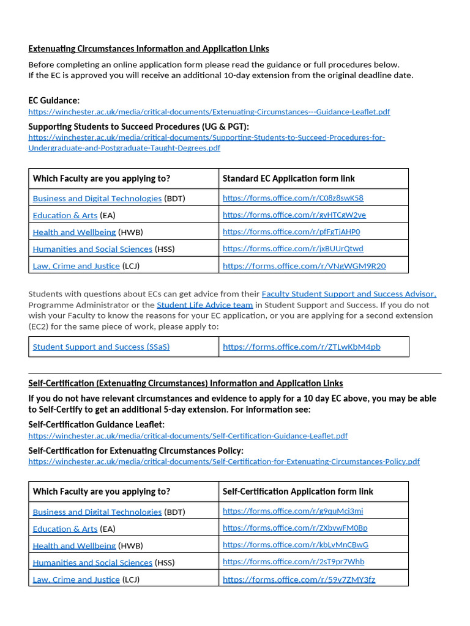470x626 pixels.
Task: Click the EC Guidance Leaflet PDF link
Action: pyautogui.click(x=209, y=112)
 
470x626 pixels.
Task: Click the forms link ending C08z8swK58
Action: pyautogui.click(x=293, y=198)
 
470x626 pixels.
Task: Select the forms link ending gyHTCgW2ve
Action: pyautogui.click(x=294, y=215)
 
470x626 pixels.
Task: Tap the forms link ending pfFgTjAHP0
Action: pyautogui.click(x=291, y=232)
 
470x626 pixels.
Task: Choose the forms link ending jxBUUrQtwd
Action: pyautogui.click(x=293, y=249)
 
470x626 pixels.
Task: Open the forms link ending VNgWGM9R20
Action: pyautogui.click(x=304, y=266)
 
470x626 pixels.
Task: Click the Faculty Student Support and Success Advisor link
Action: pyautogui.click(x=349, y=294)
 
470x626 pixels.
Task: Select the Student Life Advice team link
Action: pyautogui.click(x=204, y=305)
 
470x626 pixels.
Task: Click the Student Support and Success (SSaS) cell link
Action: pyautogui.click(x=101, y=347)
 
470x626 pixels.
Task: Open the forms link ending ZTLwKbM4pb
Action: pyautogui.click(x=301, y=347)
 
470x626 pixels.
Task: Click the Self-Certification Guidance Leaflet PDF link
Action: pyautogui.click(x=188, y=436)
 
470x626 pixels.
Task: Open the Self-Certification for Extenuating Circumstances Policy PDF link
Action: pyautogui.click(x=224, y=462)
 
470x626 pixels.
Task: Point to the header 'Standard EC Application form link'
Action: pyautogui.click(x=288, y=179)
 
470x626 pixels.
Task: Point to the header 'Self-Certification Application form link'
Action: pyautogui.click(x=297, y=492)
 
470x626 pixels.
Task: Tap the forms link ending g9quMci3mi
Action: pyautogui.click(x=293, y=511)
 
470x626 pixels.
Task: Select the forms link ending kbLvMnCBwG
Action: pyautogui.click(x=296, y=545)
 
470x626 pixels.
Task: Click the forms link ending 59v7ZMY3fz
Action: pyautogui.click(x=299, y=580)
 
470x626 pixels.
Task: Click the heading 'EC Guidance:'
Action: pyautogui.click(x=54, y=100)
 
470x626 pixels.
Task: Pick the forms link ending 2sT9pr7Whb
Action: pyautogui.click(x=293, y=562)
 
